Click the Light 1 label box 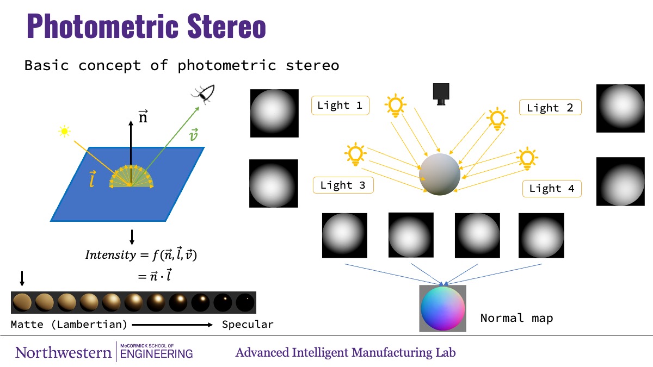[x=340, y=105]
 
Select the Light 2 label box [x=550, y=108]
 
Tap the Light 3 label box [x=343, y=185]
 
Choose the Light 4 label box [x=552, y=189]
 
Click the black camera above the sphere [x=441, y=94]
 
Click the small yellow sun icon [x=64, y=132]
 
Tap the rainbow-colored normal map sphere [x=442, y=308]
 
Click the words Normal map [x=516, y=318]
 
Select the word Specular [x=248, y=324]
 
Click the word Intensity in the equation [x=111, y=255]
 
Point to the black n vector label [x=143, y=116]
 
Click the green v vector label [x=194, y=135]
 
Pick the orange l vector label [x=92, y=179]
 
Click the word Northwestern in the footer [x=64, y=353]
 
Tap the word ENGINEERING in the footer [x=156, y=354]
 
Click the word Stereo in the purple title [x=226, y=26]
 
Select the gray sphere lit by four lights [x=440, y=174]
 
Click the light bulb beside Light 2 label [x=497, y=119]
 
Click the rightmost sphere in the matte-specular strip [x=245, y=303]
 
